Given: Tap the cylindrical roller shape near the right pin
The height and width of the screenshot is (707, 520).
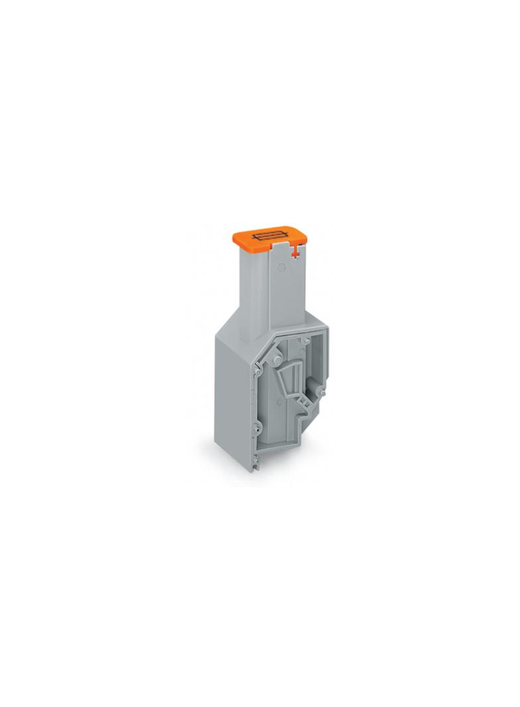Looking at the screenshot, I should tap(311, 385).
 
